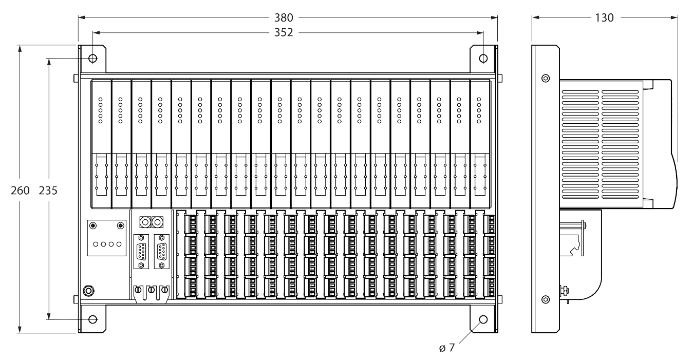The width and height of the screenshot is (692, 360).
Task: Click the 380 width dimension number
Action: (x=284, y=17)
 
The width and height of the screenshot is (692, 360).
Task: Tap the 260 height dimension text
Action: (x=20, y=190)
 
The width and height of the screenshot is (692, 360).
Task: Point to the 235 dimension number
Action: (x=48, y=190)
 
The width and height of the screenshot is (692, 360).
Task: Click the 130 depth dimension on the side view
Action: (x=604, y=17)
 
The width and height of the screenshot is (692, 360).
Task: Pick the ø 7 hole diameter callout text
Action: (x=447, y=348)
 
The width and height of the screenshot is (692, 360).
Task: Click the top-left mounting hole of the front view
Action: (x=92, y=58)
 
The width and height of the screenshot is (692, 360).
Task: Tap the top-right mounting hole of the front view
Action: (x=483, y=58)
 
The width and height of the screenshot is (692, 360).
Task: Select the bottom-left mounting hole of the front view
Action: (x=92, y=319)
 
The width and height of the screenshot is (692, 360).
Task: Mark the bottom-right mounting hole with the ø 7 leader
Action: (x=483, y=319)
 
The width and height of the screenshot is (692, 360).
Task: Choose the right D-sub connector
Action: (x=162, y=252)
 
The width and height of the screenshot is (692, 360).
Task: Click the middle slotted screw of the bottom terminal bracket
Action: (x=151, y=290)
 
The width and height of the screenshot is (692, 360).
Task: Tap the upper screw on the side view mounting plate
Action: (x=545, y=79)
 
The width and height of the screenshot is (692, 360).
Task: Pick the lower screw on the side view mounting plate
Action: (x=545, y=299)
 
